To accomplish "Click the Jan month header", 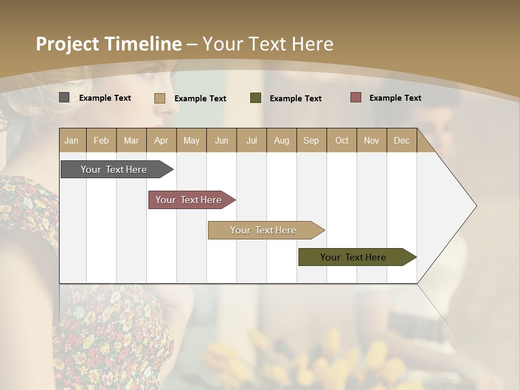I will point(72,140).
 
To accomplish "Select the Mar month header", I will point(131,140).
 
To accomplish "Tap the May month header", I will point(191,140).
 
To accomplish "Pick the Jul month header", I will point(251,140).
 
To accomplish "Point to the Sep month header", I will point(311,140).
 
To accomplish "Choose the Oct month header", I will point(342,140).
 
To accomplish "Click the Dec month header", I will point(401,140).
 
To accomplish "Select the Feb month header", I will point(101,140).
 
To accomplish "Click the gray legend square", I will point(64,97).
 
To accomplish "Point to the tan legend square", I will point(159,98).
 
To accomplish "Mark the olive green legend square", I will point(256,97).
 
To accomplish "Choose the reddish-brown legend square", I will point(356,97).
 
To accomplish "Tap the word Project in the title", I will point(68,44).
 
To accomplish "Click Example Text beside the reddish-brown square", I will point(395,98).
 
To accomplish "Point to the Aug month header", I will point(282,140).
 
